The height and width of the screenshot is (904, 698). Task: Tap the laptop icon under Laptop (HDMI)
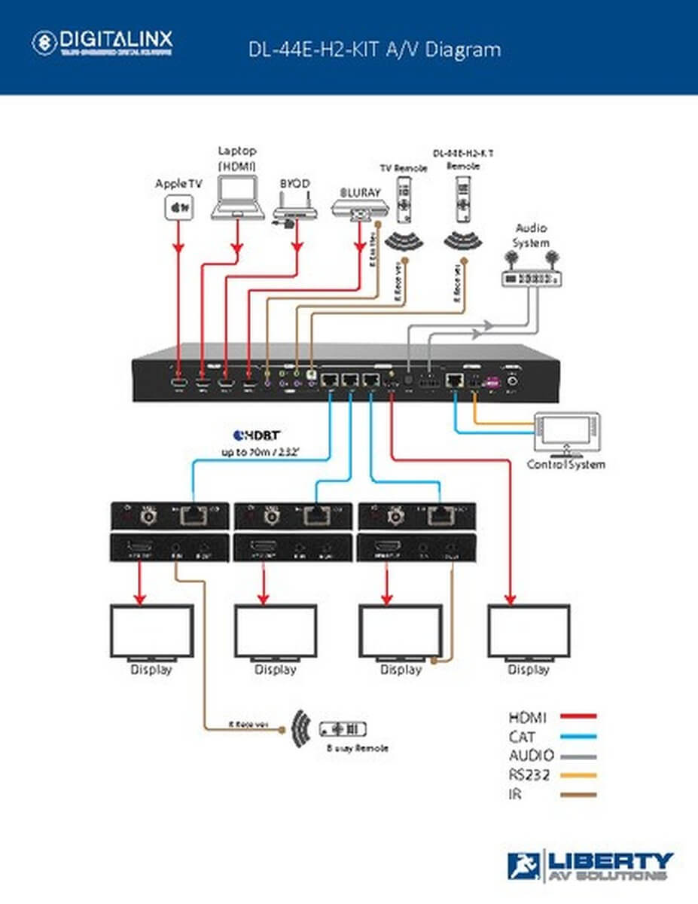point(237,198)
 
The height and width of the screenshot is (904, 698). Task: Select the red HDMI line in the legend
point(578,716)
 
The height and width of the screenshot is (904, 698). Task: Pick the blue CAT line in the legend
point(578,736)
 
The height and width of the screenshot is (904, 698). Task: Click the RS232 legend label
point(531,774)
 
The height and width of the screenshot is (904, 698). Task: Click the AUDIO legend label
point(531,756)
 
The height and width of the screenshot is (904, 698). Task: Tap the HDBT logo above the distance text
point(258,435)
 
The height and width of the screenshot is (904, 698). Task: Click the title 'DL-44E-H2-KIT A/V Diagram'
point(374,50)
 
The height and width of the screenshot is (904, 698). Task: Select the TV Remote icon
point(405,200)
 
